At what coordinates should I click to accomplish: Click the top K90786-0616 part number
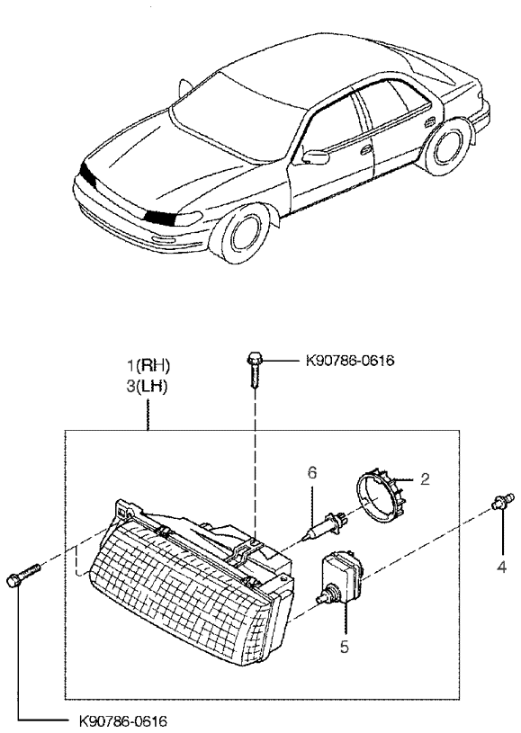pyautogui.click(x=350, y=361)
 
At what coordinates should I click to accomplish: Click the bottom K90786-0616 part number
pyautogui.click(x=122, y=720)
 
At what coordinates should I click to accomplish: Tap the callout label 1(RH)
pyautogui.click(x=148, y=365)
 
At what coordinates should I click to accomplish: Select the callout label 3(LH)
pyautogui.click(x=147, y=387)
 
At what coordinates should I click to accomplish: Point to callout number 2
pyautogui.click(x=425, y=478)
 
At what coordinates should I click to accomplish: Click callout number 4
pyautogui.click(x=501, y=567)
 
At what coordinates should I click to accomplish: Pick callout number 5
pyautogui.click(x=345, y=647)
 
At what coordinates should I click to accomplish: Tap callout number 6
pyautogui.click(x=312, y=472)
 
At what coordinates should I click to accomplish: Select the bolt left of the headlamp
pyautogui.click(x=23, y=575)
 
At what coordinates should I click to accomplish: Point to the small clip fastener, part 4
pyautogui.click(x=503, y=502)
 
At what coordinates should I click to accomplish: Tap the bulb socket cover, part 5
pyautogui.click(x=340, y=577)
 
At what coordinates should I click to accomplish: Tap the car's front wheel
pyautogui.click(x=241, y=232)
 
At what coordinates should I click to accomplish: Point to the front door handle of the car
pyautogui.click(x=366, y=150)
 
